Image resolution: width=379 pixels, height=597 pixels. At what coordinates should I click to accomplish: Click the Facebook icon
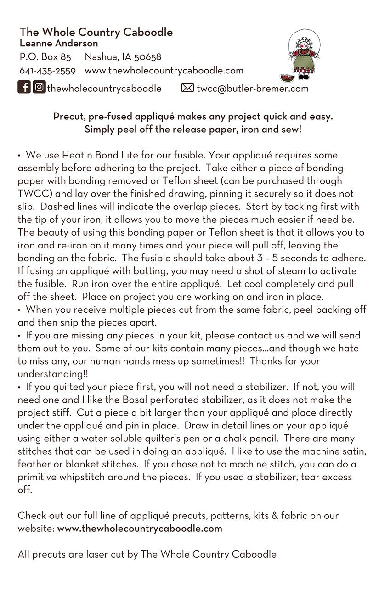pos(24,87)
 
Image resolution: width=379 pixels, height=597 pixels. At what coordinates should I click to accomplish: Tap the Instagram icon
pos(39,87)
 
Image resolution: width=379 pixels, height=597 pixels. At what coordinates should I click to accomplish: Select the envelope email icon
pos(187,88)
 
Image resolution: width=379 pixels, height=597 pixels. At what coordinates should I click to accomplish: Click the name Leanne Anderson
pos(59,44)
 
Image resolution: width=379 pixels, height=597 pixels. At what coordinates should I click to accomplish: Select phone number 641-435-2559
pos(47,71)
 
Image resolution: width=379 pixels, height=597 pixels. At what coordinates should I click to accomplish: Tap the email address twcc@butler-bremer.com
pos(252,88)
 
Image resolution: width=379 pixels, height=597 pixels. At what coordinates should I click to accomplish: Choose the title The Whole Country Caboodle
pos(96,32)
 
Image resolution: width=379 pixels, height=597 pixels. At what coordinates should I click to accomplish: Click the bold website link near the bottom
pos(140,528)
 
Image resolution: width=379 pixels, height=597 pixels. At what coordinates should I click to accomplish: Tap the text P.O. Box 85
pos(45,57)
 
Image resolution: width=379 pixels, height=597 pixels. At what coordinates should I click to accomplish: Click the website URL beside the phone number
pos(164,71)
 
